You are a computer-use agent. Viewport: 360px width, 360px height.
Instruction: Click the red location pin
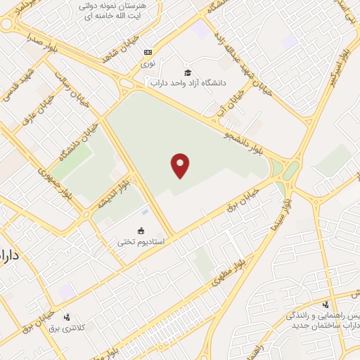pyautogui.click(x=181, y=165)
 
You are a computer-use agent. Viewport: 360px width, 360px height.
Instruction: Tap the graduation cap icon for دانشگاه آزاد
pyautogui.click(x=187, y=72)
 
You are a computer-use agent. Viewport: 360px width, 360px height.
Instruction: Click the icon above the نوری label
pyautogui.click(x=148, y=52)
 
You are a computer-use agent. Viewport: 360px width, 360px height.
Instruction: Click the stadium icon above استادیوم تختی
pyautogui.click(x=141, y=231)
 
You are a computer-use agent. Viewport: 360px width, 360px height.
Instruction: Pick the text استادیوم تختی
pyautogui.click(x=141, y=241)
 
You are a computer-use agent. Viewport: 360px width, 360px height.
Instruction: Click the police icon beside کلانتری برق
pyautogui.click(x=67, y=317)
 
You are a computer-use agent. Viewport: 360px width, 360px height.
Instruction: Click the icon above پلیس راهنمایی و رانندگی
pyautogui.click(x=325, y=304)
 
